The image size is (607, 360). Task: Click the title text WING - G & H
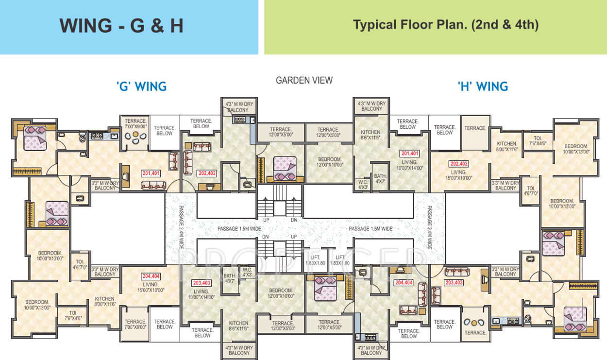[x=121, y=26]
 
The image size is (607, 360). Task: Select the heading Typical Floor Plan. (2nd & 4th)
[x=445, y=25]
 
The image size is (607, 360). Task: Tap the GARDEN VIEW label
[x=304, y=80]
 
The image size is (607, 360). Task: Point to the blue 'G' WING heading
[x=141, y=86]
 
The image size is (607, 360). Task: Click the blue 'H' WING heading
[x=483, y=86]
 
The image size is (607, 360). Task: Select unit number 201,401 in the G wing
[x=151, y=173]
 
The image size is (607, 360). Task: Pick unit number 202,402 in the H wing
[x=458, y=164]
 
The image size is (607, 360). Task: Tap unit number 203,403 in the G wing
[x=202, y=283]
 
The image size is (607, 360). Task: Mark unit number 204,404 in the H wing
[x=404, y=282]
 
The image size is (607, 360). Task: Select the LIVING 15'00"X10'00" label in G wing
[x=151, y=287]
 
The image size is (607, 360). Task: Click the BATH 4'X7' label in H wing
[x=379, y=178]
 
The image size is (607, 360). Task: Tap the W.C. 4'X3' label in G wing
[x=247, y=272]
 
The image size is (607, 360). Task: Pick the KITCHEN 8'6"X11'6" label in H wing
[x=371, y=135]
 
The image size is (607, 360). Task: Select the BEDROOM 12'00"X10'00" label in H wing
[x=330, y=162]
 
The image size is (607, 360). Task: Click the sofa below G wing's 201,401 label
[x=153, y=185]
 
